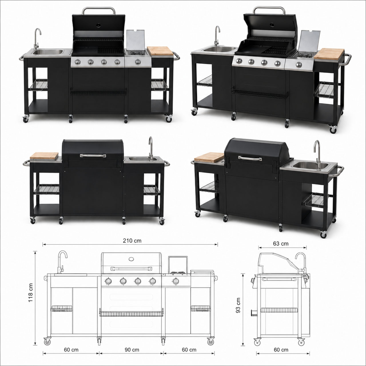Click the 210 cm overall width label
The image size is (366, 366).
[x=132, y=241]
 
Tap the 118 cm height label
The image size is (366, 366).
[x=30, y=293]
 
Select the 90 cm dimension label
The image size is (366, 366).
[x=132, y=349]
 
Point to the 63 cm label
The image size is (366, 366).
[x=281, y=244]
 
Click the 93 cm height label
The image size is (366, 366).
[x=238, y=306]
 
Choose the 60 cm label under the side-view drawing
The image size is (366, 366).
[x=281, y=349]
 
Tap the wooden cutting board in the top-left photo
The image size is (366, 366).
[x=160, y=51]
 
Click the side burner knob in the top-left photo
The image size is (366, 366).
[x=138, y=61]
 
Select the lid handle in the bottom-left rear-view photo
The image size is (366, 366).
[x=93, y=156]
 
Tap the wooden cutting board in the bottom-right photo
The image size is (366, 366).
[x=209, y=157]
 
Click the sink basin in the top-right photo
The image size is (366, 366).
[x=218, y=49]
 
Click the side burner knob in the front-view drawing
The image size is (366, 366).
[x=176, y=281]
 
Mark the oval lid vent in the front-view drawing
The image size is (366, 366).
[x=131, y=259]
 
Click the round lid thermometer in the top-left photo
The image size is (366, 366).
[x=98, y=25]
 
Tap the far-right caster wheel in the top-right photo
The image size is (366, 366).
[x=333, y=129]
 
